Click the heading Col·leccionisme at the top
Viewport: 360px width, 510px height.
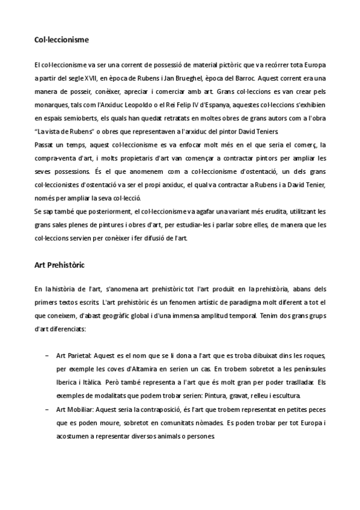point(61,40)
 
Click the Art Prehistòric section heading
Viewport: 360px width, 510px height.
point(59,264)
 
